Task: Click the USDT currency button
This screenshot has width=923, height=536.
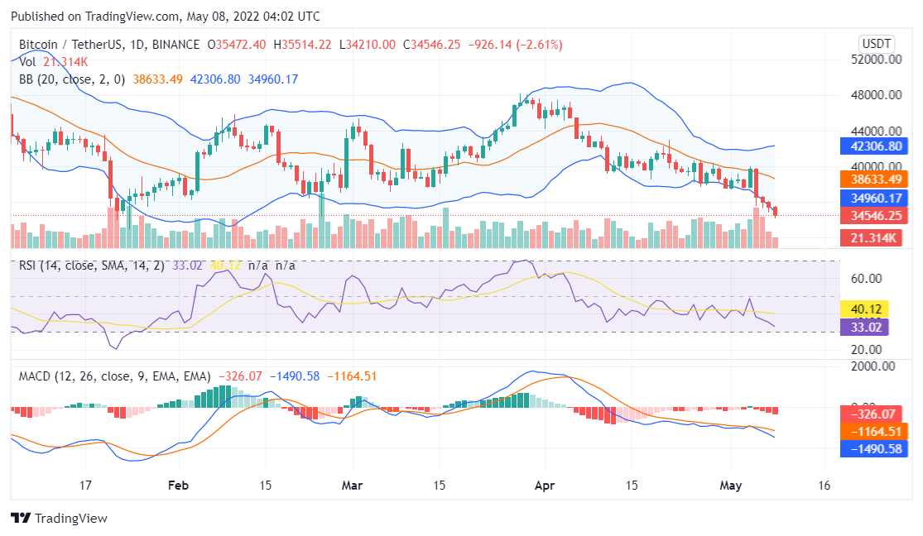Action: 877,43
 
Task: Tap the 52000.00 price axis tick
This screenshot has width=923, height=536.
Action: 875,60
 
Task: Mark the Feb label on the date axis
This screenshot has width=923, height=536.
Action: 179,486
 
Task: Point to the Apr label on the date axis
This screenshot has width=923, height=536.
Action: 544,486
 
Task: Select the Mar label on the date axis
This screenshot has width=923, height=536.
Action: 353,486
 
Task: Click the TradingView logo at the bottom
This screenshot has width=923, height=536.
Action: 59,519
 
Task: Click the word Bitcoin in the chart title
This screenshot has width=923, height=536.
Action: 40,45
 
